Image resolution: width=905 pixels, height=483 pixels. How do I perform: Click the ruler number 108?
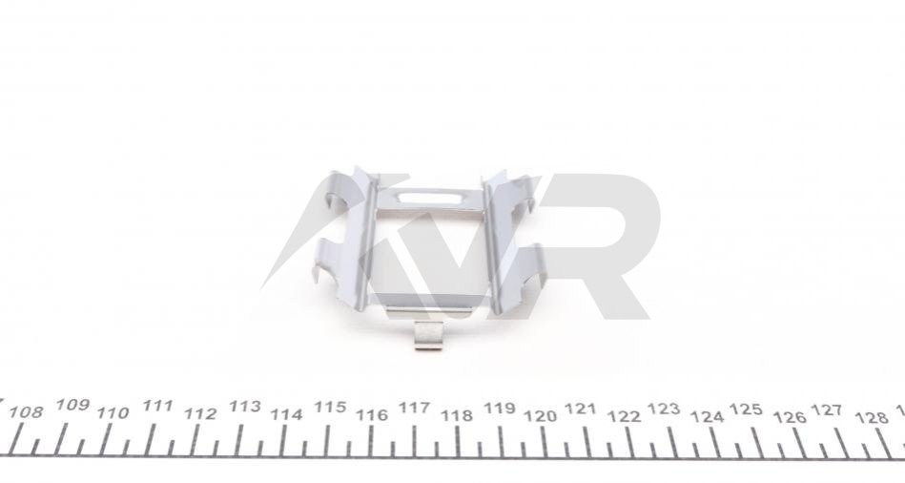[27, 412]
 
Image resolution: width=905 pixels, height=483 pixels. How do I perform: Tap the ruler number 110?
[113, 413]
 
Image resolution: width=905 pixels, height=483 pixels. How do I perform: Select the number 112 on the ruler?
[200, 413]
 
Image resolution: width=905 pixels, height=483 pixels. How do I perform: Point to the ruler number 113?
[245, 407]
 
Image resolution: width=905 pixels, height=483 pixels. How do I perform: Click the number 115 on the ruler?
[330, 407]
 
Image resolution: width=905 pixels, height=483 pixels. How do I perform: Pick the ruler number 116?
[372, 415]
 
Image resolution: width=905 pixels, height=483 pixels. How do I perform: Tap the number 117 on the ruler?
[415, 408]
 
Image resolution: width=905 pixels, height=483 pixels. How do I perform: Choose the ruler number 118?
[457, 415]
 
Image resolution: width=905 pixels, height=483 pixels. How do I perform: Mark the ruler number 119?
[500, 409]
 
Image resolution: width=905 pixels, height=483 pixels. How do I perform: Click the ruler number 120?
[540, 416]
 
